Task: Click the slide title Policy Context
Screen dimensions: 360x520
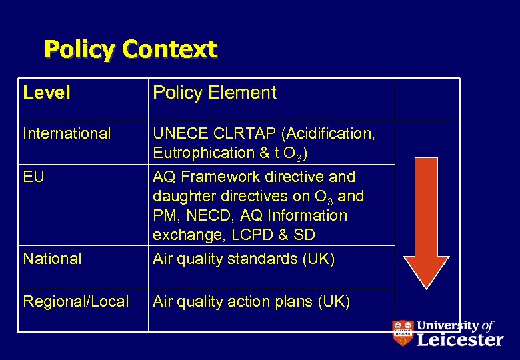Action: pyautogui.click(x=131, y=49)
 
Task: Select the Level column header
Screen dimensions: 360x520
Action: pyautogui.click(x=47, y=93)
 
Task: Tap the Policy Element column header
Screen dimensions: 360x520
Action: pyautogui.click(x=214, y=93)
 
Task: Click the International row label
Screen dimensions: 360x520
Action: pyautogui.click(x=67, y=133)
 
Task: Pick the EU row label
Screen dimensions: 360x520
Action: pyautogui.click(x=33, y=177)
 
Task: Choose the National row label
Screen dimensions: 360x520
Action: pyautogui.click(x=52, y=259)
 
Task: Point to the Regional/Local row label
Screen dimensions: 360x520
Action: pyautogui.click(x=76, y=301)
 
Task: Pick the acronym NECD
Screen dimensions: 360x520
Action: pyautogui.click(x=205, y=216)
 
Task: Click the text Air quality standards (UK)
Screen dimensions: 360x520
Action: pyautogui.click(x=244, y=259)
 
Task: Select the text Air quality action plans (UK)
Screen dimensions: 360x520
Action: pyautogui.click(x=251, y=301)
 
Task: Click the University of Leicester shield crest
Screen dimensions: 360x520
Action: pyautogui.click(x=402, y=333)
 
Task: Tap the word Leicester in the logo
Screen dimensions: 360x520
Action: pyautogui.click(x=459, y=340)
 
